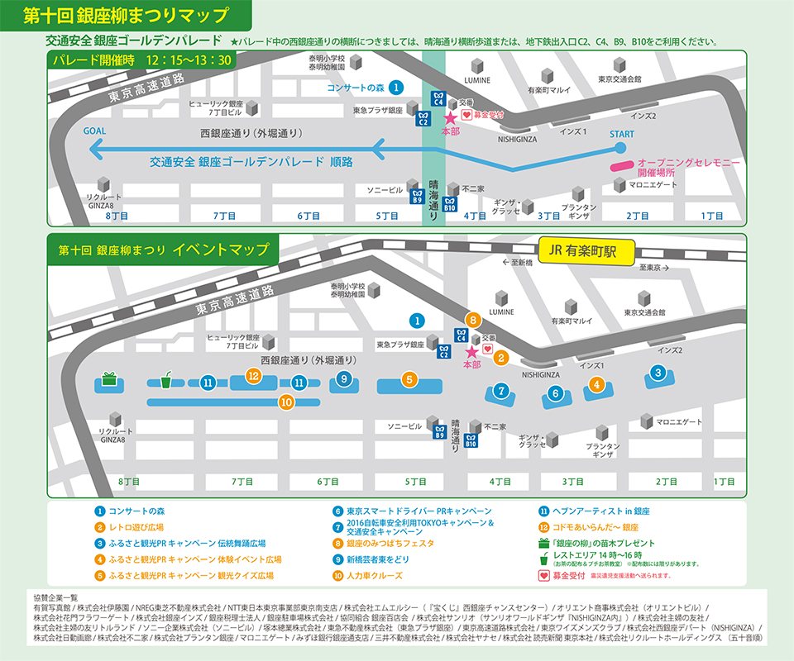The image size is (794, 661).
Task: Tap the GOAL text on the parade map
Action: point(95,131)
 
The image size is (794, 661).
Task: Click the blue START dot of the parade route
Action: point(620,149)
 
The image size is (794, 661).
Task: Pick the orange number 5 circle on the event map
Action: point(408,380)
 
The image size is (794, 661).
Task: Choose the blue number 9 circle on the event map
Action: point(343,379)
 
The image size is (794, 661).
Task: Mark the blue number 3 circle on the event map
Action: point(658,373)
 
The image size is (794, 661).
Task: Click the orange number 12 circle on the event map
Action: point(254,376)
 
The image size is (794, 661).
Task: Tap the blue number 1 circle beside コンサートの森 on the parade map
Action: point(397,87)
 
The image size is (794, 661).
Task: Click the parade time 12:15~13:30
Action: point(188,60)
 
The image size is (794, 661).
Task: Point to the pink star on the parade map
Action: point(451,118)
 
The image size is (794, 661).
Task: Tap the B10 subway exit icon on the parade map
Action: point(451,203)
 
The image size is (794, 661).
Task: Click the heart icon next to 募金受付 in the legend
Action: point(543,575)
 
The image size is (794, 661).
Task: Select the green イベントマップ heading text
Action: point(221,249)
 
